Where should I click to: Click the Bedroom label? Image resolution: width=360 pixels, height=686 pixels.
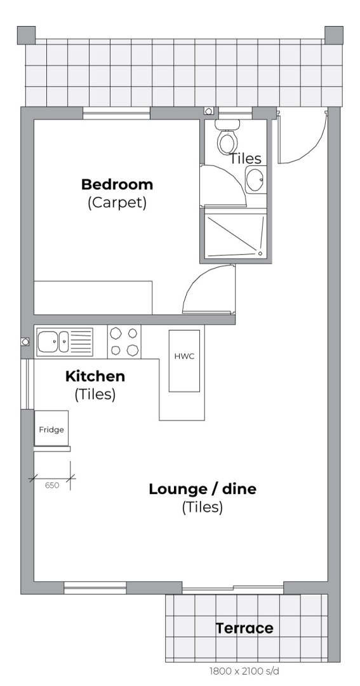[117, 184]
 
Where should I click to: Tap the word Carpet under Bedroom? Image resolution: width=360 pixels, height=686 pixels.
[117, 203]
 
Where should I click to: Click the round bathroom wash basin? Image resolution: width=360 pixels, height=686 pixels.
[255, 180]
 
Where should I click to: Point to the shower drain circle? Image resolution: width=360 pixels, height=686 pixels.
[260, 253]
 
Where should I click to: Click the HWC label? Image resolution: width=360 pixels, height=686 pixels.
[184, 356]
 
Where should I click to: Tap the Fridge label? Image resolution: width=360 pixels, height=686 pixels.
[51, 429]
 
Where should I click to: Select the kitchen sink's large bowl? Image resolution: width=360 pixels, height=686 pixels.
[48, 342]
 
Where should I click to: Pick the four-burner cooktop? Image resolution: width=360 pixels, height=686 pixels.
[124, 342]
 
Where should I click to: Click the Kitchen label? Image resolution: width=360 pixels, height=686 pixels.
[95, 376]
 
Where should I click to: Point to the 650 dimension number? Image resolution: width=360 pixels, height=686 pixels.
[51, 485]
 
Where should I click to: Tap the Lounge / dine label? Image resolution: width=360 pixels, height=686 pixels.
[203, 488]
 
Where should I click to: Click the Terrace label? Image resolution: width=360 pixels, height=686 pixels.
[244, 628]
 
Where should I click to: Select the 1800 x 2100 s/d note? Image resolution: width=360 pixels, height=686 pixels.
[244, 671]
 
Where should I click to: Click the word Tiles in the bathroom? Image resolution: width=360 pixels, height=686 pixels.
[246, 158]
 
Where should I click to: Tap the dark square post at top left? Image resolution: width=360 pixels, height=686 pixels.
[26, 35]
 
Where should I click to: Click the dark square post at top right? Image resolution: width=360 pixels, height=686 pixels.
[334, 35]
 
